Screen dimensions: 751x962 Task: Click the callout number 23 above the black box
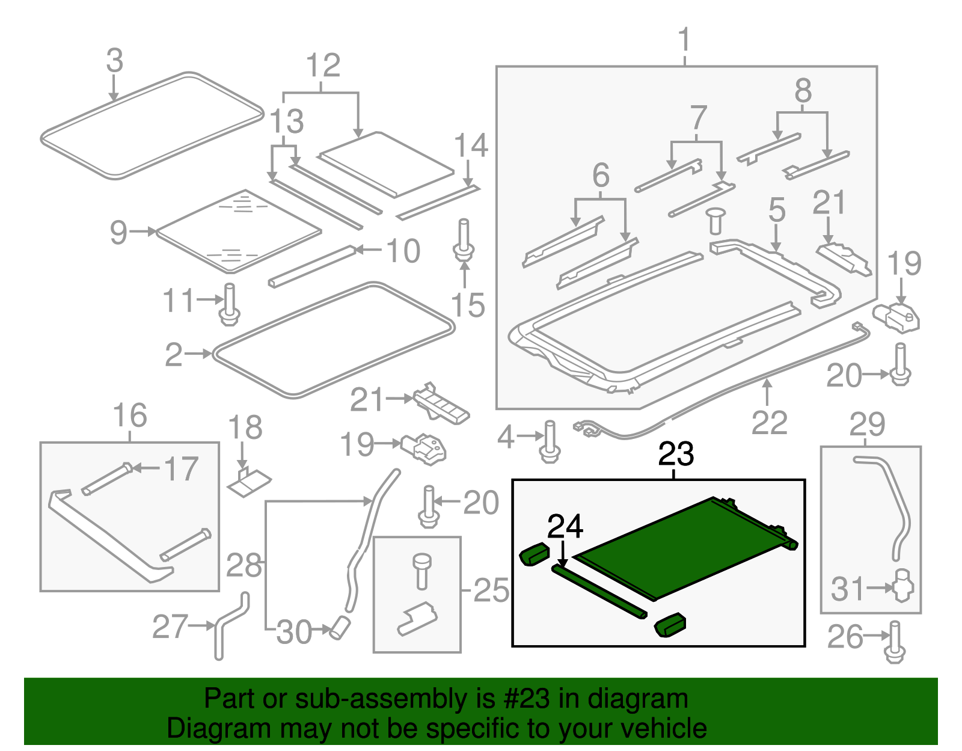tap(676, 454)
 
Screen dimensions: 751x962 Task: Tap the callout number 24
tap(565, 527)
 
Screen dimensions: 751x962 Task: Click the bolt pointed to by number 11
tap(230, 305)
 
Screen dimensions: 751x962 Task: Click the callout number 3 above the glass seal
tap(114, 61)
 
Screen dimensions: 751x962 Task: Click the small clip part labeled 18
tap(249, 482)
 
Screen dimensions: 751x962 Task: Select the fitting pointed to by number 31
tap(902, 585)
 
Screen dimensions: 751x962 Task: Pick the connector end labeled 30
tap(339, 628)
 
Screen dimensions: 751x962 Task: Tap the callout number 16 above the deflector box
tap(130, 415)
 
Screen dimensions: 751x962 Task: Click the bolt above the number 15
tap(464, 241)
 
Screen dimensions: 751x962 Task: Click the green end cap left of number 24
tap(533, 553)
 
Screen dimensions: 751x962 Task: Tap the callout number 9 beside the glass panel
tap(118, 232)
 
